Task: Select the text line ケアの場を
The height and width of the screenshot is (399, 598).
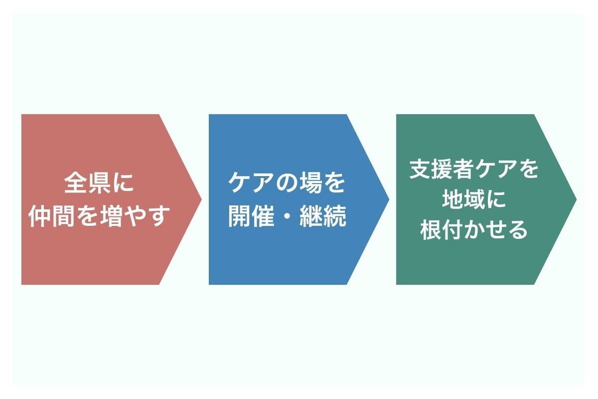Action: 287,184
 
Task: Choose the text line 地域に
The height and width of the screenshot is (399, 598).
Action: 474,199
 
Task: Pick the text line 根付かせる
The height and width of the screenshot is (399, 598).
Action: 474,230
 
